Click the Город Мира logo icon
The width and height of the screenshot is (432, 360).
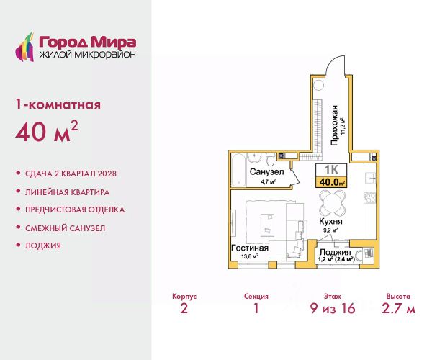24,47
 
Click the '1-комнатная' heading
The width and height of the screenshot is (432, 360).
58,104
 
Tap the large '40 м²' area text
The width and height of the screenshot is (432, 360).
47,131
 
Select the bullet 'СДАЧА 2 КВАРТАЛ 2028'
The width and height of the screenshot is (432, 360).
71,174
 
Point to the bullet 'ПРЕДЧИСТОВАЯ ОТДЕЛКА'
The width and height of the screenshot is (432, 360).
75,210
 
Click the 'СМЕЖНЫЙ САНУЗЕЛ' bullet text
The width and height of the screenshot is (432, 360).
65,228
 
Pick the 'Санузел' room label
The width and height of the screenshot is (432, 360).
266,172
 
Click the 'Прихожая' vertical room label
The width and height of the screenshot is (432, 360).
334,125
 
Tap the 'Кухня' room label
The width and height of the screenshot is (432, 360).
330,221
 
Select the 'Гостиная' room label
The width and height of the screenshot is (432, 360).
250,248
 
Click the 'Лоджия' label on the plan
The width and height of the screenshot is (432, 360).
335,252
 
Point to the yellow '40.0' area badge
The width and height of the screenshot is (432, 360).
331,181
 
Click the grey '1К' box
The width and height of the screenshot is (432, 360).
331,170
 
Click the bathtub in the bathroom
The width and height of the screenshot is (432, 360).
238,170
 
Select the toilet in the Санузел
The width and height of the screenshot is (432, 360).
270,159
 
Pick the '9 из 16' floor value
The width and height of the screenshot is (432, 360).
333,308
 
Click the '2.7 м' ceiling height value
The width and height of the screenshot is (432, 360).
398,308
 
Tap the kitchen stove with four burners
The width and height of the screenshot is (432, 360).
370,198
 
